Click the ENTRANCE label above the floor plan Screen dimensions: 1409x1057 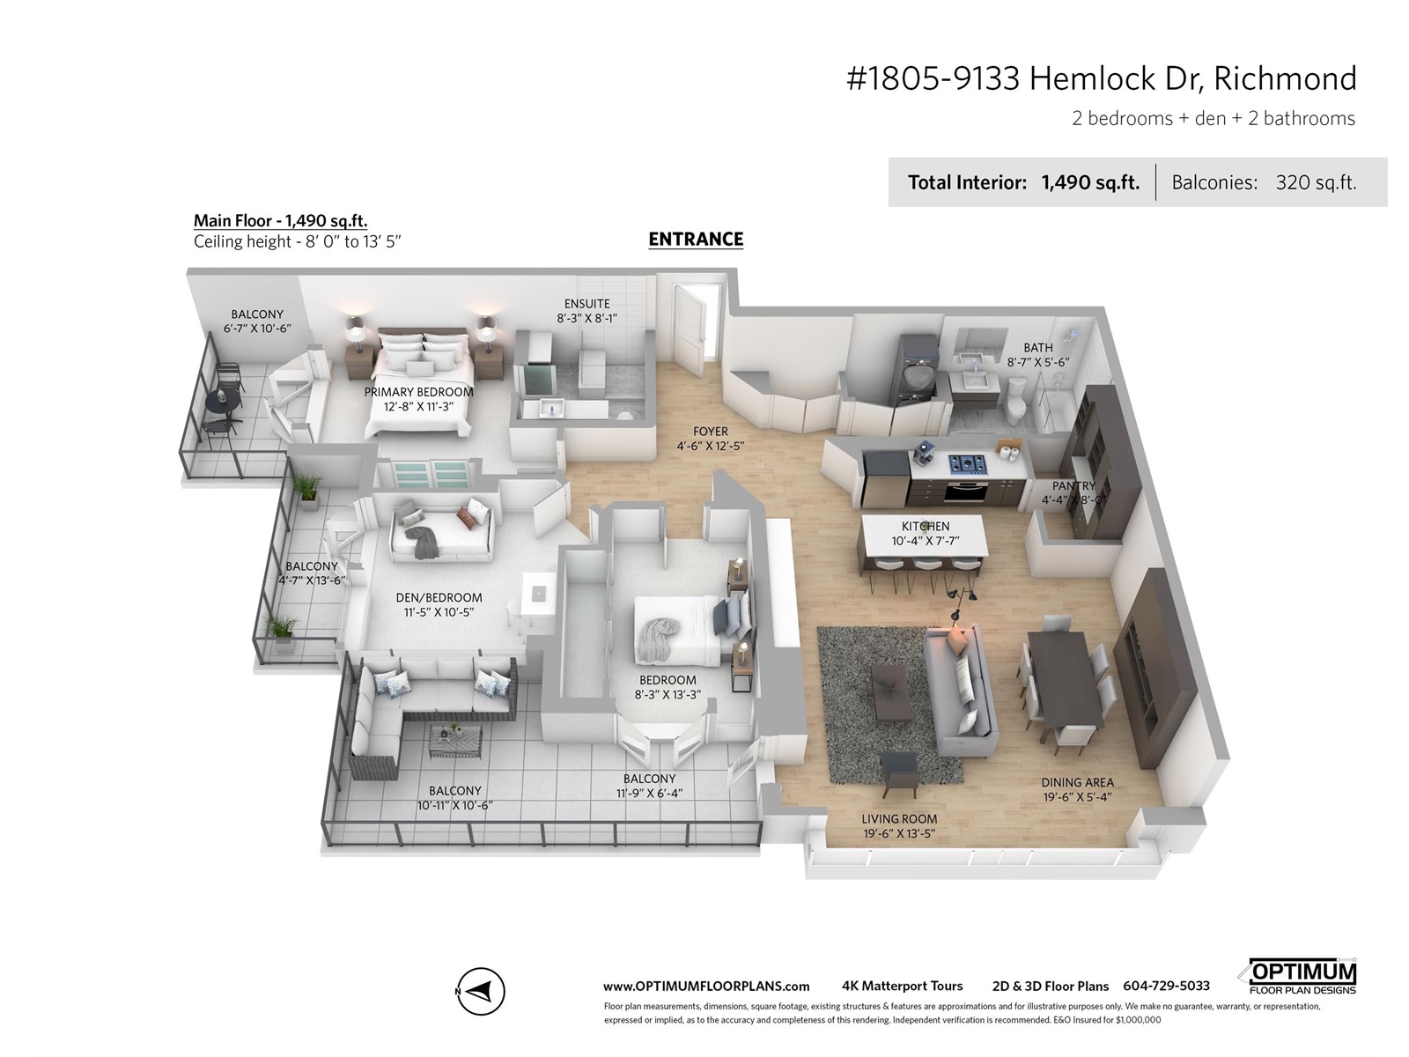click(696, 240)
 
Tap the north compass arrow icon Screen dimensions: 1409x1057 click(481, 991)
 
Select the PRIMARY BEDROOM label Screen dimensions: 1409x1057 click(418, 392)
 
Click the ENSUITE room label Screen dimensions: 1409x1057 click(586, 304)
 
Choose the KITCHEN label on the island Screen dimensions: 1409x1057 click(925, 526)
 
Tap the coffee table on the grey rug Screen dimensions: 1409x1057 click(890, 692)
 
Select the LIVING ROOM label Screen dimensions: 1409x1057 click(899, 819)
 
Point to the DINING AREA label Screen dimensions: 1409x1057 click(1077, 782)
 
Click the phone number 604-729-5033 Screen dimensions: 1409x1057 click(1166, 986)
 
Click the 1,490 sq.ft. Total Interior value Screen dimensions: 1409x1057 click(1090, 183)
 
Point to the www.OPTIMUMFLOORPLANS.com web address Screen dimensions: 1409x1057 click(705, 987)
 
